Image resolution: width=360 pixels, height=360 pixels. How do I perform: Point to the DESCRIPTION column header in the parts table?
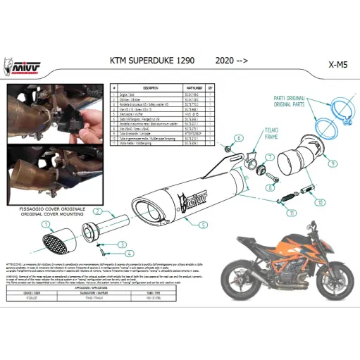(151, 87)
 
